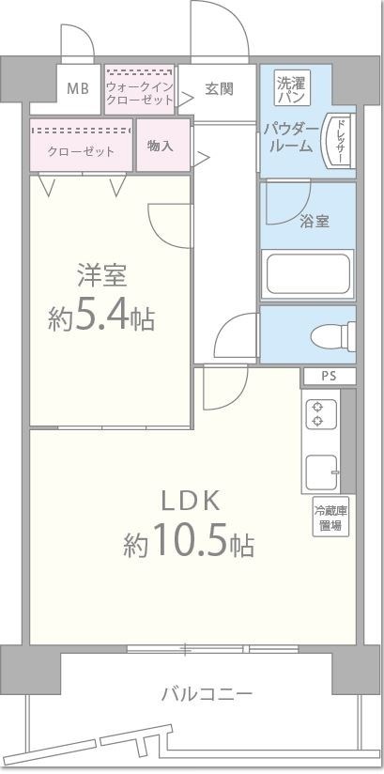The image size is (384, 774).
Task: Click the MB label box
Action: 79,90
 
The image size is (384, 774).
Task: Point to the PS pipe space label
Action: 328,377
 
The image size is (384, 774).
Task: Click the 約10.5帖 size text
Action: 189,543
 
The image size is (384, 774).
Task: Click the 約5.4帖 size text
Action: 101,317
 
